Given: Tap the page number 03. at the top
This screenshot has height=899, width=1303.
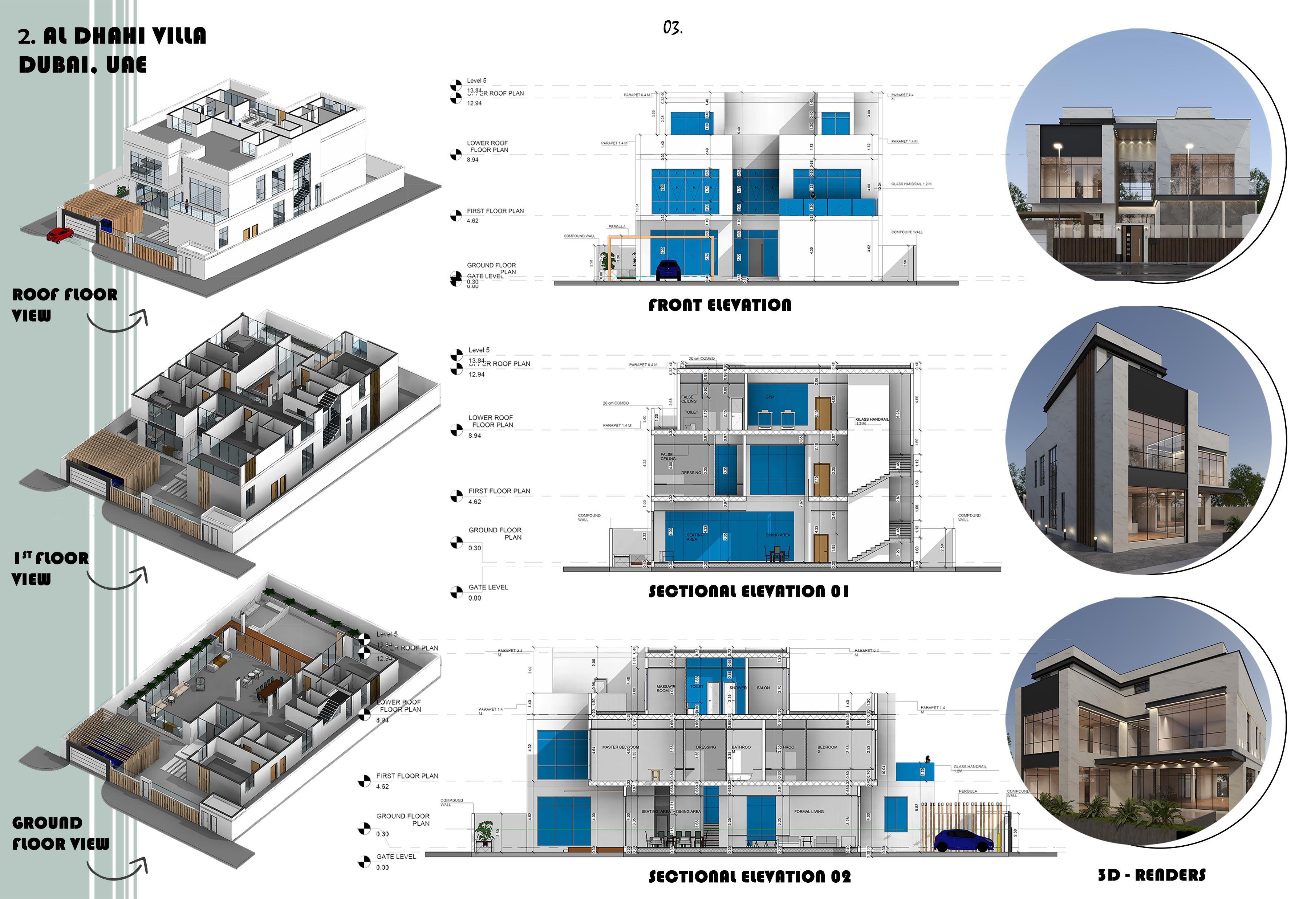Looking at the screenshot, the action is (672, 27).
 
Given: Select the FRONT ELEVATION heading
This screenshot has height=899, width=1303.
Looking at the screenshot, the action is (720, 305).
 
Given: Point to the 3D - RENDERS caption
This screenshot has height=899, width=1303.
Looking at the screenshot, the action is (1152, 875).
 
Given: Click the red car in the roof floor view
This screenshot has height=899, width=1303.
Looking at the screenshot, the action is (59, 235).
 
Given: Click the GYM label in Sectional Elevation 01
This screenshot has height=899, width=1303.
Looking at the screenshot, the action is (770, 397).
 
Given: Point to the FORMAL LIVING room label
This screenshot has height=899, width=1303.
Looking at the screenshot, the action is (809, 812).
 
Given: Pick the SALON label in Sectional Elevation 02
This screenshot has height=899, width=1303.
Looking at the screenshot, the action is (763, 688).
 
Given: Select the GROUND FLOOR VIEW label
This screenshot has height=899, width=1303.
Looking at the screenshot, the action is (60, 833).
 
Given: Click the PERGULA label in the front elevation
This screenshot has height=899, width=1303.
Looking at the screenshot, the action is (617, 227).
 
